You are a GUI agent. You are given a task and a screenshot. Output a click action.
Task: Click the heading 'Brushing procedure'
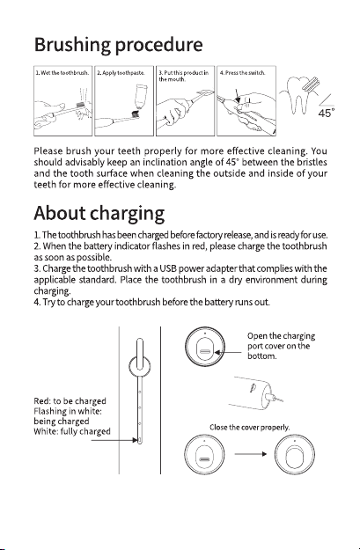118,45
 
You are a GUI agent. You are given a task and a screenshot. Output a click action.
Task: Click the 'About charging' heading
99,214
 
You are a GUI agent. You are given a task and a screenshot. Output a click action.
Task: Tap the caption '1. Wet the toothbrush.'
62,73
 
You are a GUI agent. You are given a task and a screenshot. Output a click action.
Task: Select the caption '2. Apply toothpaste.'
121,73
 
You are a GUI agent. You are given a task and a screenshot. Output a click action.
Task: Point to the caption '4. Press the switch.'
242,73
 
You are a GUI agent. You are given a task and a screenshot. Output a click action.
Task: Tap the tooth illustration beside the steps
298,95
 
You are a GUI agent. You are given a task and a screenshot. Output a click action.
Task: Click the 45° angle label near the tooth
327,114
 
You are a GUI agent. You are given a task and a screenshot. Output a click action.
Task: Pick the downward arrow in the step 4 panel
237,95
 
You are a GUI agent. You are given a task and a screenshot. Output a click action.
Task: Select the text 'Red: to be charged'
70,401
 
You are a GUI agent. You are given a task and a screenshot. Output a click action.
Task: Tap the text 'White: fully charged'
72,431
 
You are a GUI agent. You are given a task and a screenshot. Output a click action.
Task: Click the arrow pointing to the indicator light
114,440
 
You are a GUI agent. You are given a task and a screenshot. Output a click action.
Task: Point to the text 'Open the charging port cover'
281,341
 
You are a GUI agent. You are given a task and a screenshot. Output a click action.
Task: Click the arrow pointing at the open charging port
228,352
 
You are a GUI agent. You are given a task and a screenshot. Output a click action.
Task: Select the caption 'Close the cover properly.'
249,427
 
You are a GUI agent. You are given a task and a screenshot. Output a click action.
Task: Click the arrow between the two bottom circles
250,454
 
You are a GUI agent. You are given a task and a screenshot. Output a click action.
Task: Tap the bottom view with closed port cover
294,455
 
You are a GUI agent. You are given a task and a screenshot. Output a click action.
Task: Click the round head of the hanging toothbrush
140,366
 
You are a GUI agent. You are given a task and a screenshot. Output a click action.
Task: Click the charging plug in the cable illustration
272,397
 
